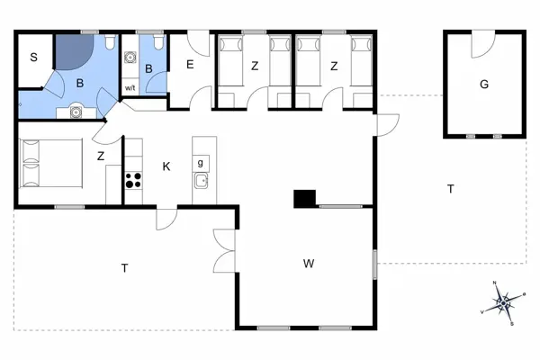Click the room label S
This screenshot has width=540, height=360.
click(x=34, y=58)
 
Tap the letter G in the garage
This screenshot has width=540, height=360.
click(x=484, y=85)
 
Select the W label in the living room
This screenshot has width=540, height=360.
click(x=309, y=264)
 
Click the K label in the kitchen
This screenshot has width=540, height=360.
click(x=166, y=166)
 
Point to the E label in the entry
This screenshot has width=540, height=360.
click(x=191, y=65)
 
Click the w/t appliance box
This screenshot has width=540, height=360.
click(x=130, y=87)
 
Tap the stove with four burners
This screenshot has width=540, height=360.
click(x=133, y=180)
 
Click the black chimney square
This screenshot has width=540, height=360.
click(x=305, y=199)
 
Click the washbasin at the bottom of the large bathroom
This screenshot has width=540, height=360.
click(x=76, y=112)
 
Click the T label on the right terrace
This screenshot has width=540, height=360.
click(x=451, y=189)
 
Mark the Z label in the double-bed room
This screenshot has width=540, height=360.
click(x=101, y=157)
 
